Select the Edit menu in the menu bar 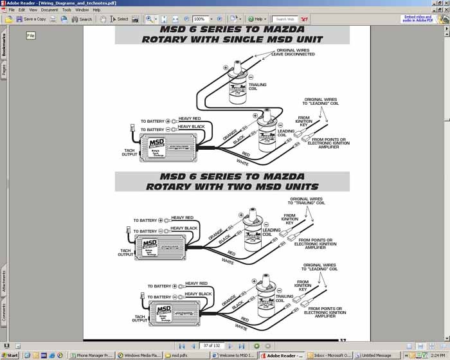coord(22,10)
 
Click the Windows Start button coord(10,355)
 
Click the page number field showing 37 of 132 coord(211,346)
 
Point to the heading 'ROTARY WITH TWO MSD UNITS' coord(231,186)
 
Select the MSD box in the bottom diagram coord(172,312)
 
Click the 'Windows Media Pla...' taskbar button coord(139,355)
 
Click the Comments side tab coord(4,313)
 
